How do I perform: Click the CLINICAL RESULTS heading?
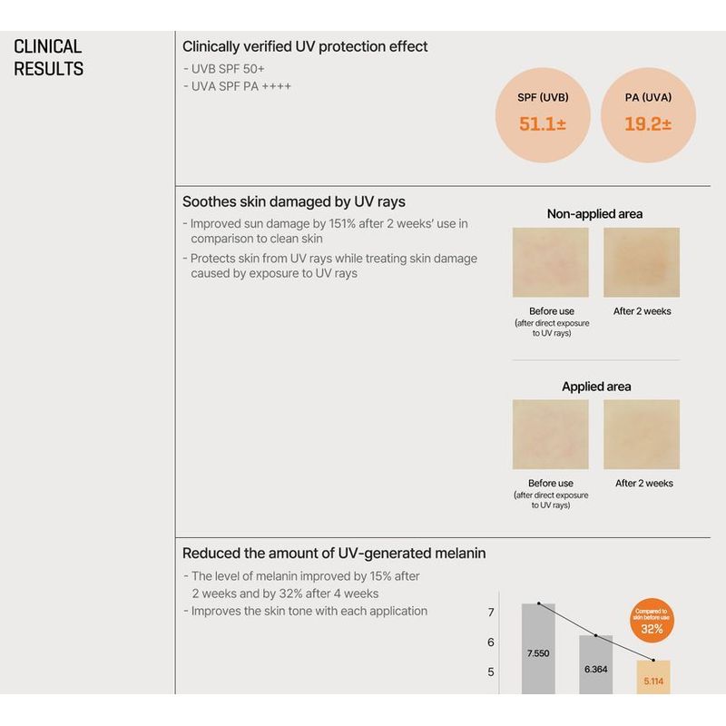click(x=48, y=57)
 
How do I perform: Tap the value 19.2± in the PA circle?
click(x=648, y=124)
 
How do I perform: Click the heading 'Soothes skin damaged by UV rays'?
click(x=293, y=201)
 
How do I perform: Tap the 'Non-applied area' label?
click(x=594, y=213)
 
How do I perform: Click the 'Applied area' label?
click(x=596, y=387)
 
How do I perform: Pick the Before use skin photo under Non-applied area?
click(x=551, y=262)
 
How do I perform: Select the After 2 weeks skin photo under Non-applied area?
click(x=642, y=262)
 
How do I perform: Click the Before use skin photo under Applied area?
click(x=551, y=435)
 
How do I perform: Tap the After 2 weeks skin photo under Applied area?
click(x=642, y=435)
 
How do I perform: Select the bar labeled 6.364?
click(x=595, y=664)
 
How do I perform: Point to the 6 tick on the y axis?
click(x=490, y=643)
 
